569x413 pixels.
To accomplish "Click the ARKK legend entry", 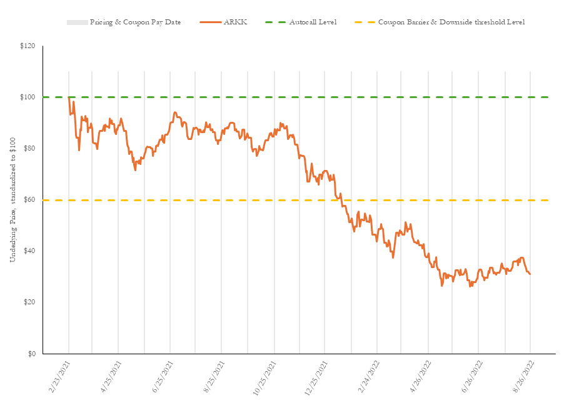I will click(237, 22).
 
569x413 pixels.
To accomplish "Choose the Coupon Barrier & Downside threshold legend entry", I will click(451, 22).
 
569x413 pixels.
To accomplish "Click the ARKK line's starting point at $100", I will click(69, 97).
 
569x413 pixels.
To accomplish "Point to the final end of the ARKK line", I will click(530, 274).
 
